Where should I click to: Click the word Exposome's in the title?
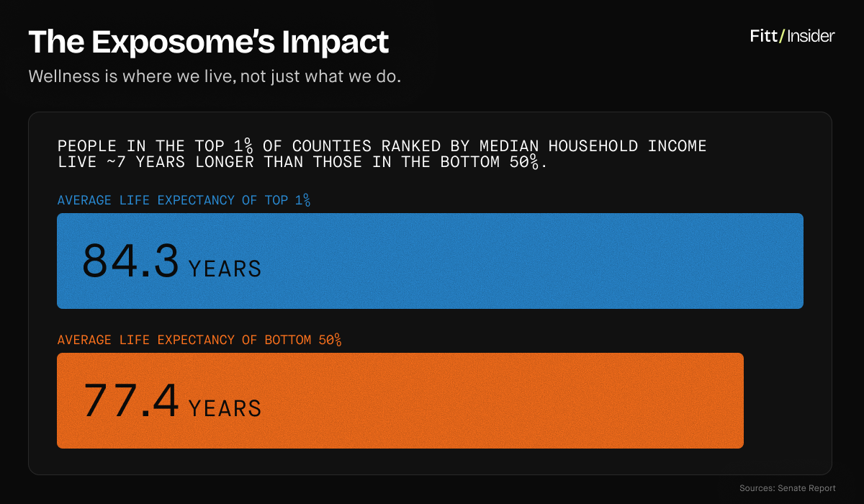(183, 42)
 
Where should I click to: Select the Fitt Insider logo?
(792, 36)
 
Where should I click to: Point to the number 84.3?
(130, 261)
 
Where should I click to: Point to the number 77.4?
(130, 401)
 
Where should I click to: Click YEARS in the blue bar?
(225, 269)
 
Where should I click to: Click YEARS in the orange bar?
(225, 409)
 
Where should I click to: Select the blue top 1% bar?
(504, 261)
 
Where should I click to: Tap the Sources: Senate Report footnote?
(788, 488)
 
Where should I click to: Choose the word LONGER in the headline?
(225, 162)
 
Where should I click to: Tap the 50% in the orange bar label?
(329, 340)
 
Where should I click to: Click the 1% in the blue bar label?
(302, 200)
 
